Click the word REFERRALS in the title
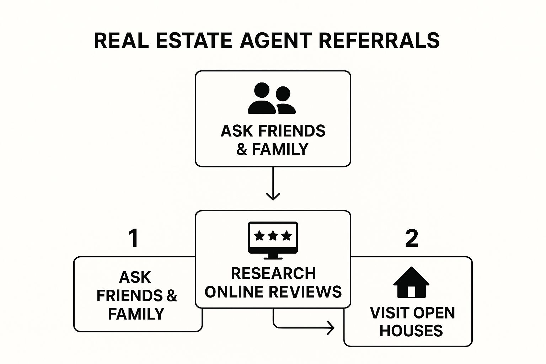[x=379, y=41]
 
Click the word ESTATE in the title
[x=194, y=41]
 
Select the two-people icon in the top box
[x=272, y=98]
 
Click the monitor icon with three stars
[x=273, y=240]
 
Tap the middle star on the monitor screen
[x=273, y=235]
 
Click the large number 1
[x=133, y=238]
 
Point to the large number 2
[x=412, y=238]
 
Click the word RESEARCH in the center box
[x=273, y=273]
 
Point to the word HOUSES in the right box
[x=411, y=331]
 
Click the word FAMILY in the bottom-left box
[x=136, y=314]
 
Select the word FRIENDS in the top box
[x=292, y=131]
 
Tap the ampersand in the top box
[x=242, y=149]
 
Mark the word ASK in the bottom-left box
[x=135, y=277]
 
